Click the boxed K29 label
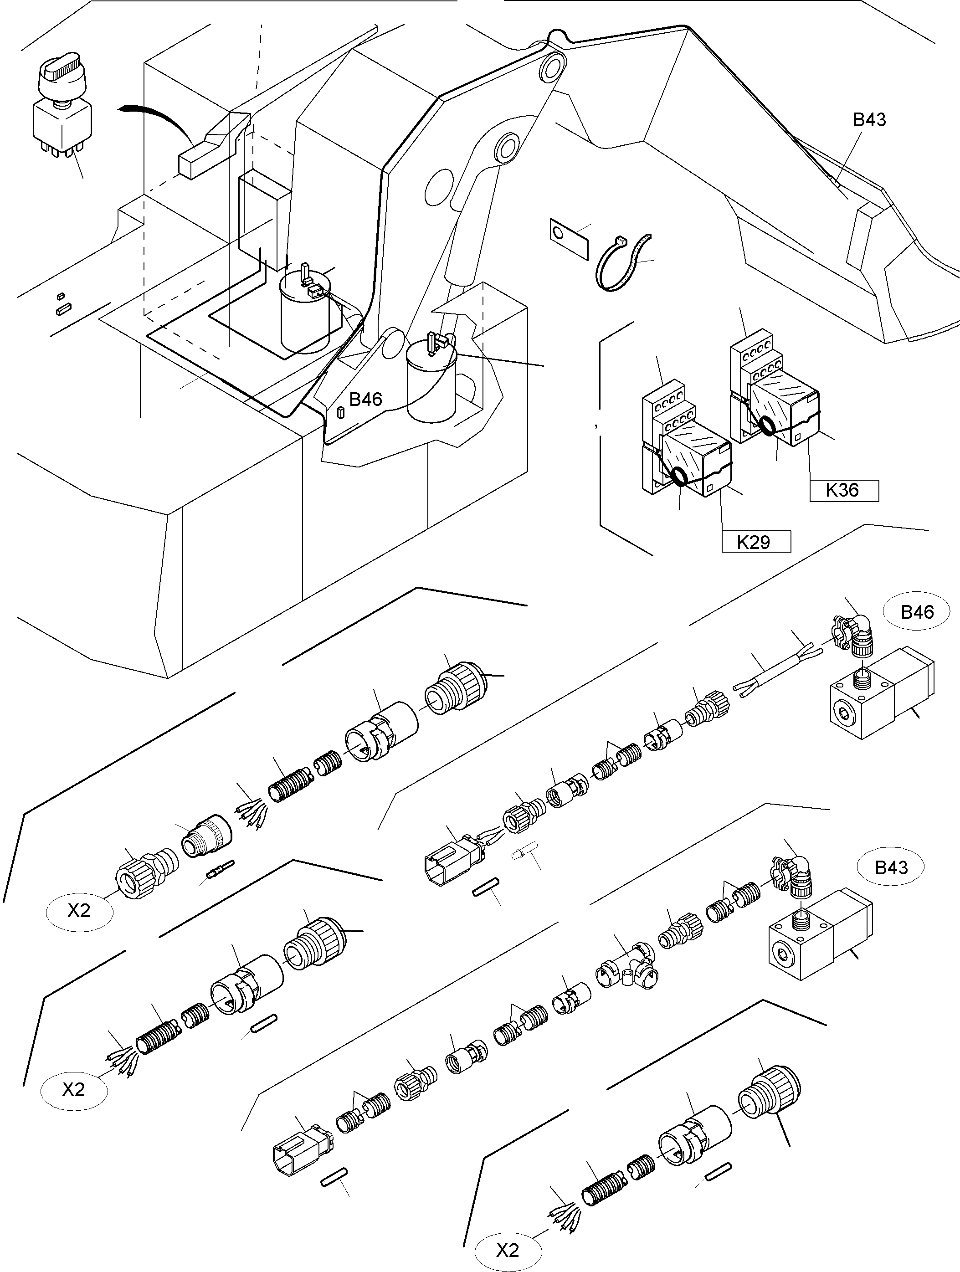coord(756,542)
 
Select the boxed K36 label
coord(843,490)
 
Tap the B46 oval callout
coord(917,612)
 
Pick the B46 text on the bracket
coord(365,399)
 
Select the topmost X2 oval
coord(79,910)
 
